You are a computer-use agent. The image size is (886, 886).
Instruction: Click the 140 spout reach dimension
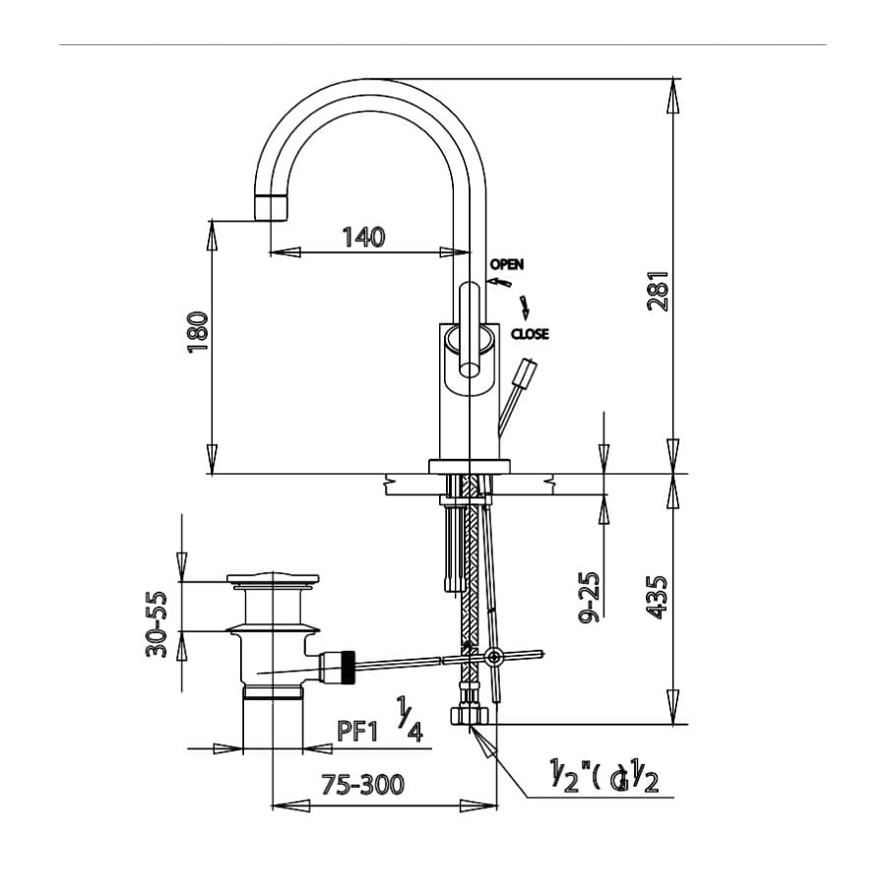tap(363, 236)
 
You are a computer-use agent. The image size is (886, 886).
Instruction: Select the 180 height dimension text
tap(198, 332)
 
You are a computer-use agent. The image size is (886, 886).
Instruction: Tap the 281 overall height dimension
tap(658, 291)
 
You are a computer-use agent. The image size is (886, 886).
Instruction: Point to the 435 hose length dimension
tap(658, 597)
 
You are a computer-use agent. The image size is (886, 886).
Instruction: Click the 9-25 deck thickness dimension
tap(590, 598)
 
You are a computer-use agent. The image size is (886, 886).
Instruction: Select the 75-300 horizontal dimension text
tap(363, 785)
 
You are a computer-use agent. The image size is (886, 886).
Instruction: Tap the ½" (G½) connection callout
tap(603, 778)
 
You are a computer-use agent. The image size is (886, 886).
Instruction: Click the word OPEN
tap(507, 264)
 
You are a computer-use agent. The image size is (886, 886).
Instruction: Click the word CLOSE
tap(530, 335)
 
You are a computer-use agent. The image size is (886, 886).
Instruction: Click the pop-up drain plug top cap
tap(273, 581)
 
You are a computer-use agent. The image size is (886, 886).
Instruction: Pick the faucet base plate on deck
tap(470, 467)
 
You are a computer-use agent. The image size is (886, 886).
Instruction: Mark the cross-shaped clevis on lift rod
tap(492, 657)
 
